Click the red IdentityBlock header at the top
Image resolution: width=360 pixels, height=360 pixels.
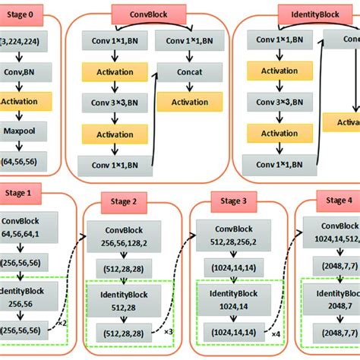(x=309, y=14)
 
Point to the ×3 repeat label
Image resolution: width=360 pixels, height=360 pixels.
(x=169, y=332)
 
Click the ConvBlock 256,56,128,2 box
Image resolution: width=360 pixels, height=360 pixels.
(x=123, y=235)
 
